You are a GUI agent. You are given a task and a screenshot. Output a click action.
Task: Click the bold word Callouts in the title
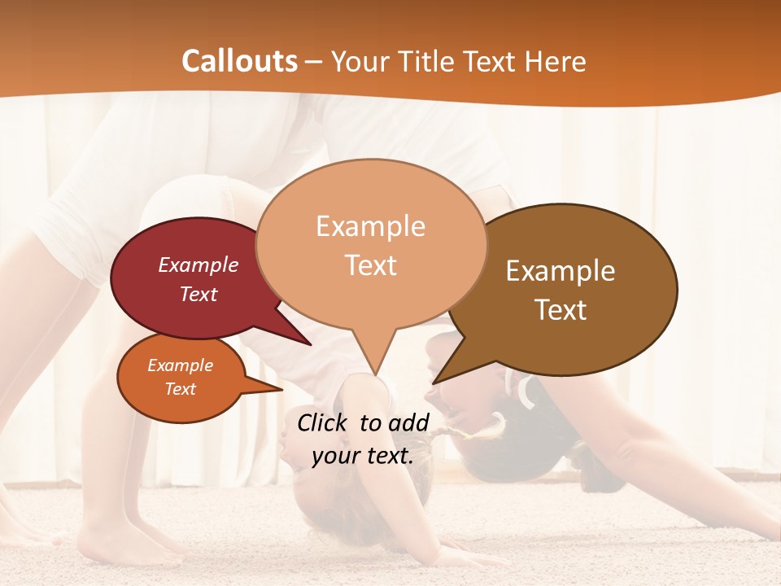pyautogui.click(x=239, y=61)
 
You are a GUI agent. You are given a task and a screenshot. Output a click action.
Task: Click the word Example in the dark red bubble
pyautogui.click(x=199, y=265)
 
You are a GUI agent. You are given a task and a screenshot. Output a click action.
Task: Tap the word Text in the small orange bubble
pyautogui.click(x=181, y=389)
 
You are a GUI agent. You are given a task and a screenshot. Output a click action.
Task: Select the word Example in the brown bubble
pyautogui.click(x=561, y=271)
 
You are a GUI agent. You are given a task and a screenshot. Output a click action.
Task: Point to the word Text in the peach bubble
pyautogui.click(x=371, y=265)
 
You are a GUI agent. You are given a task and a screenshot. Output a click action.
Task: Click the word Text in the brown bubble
pyautogui.click(x=561, y=309)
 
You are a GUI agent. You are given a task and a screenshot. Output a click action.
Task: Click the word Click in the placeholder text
pyautogui.click(x=323, y=422)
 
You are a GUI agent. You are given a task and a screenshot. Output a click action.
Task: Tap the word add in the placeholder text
pyautogui.click(x=408, y=422)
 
